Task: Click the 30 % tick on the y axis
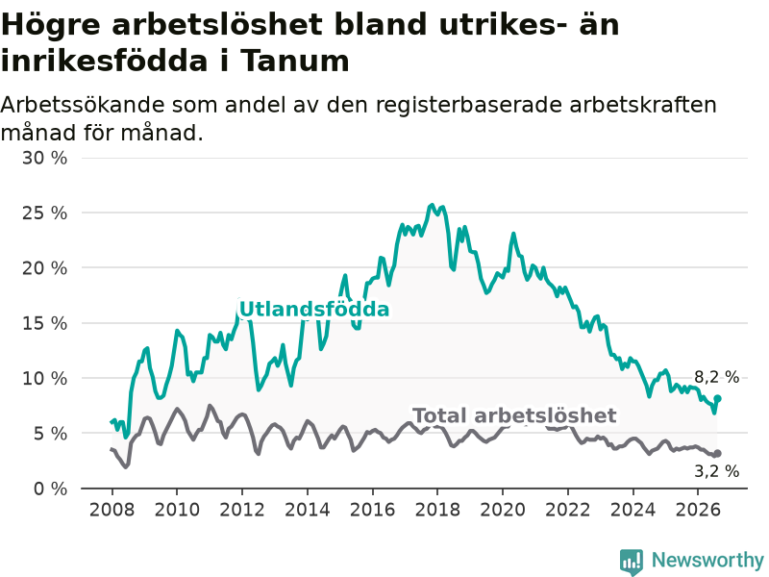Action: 44,158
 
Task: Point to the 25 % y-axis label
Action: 44,213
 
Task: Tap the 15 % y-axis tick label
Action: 44,323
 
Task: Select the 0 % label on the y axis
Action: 51,489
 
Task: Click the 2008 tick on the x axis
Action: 112,510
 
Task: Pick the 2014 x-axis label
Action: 307,510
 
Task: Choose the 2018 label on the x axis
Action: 437,510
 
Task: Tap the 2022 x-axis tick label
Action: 568,510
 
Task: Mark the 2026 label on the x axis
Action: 698,510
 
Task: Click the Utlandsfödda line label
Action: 314,310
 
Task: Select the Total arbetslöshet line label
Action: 514,415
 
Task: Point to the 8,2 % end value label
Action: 716,377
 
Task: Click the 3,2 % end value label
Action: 716,471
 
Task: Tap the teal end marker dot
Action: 717,398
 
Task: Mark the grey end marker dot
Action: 717,453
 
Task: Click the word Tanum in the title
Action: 295,61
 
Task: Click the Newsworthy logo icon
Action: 632,562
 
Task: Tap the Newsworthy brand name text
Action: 707,560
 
